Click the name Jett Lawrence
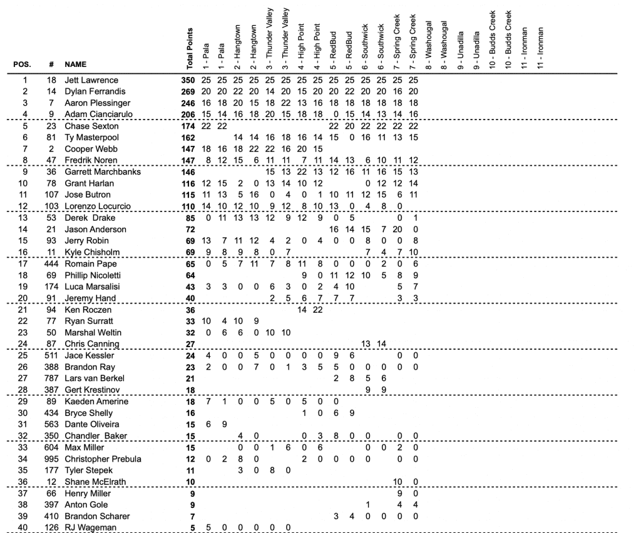coord(91,81)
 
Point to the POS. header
coord(23,64)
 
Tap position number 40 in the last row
coord(25,527)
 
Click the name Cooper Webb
coord(87,150)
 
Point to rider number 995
coord(50,459)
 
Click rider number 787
coord(50,378)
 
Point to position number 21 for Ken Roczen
coord(25,310)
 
